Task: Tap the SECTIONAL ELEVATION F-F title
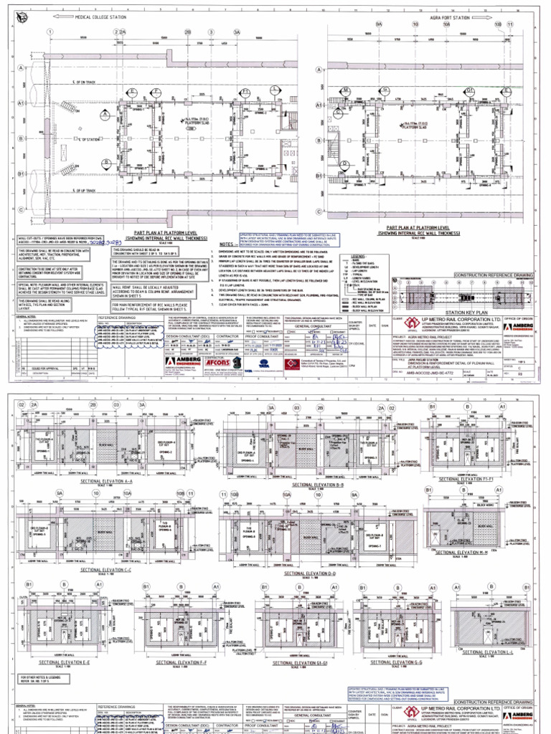[x=182, y=663]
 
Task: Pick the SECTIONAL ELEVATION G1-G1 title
[x=293, y=663]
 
